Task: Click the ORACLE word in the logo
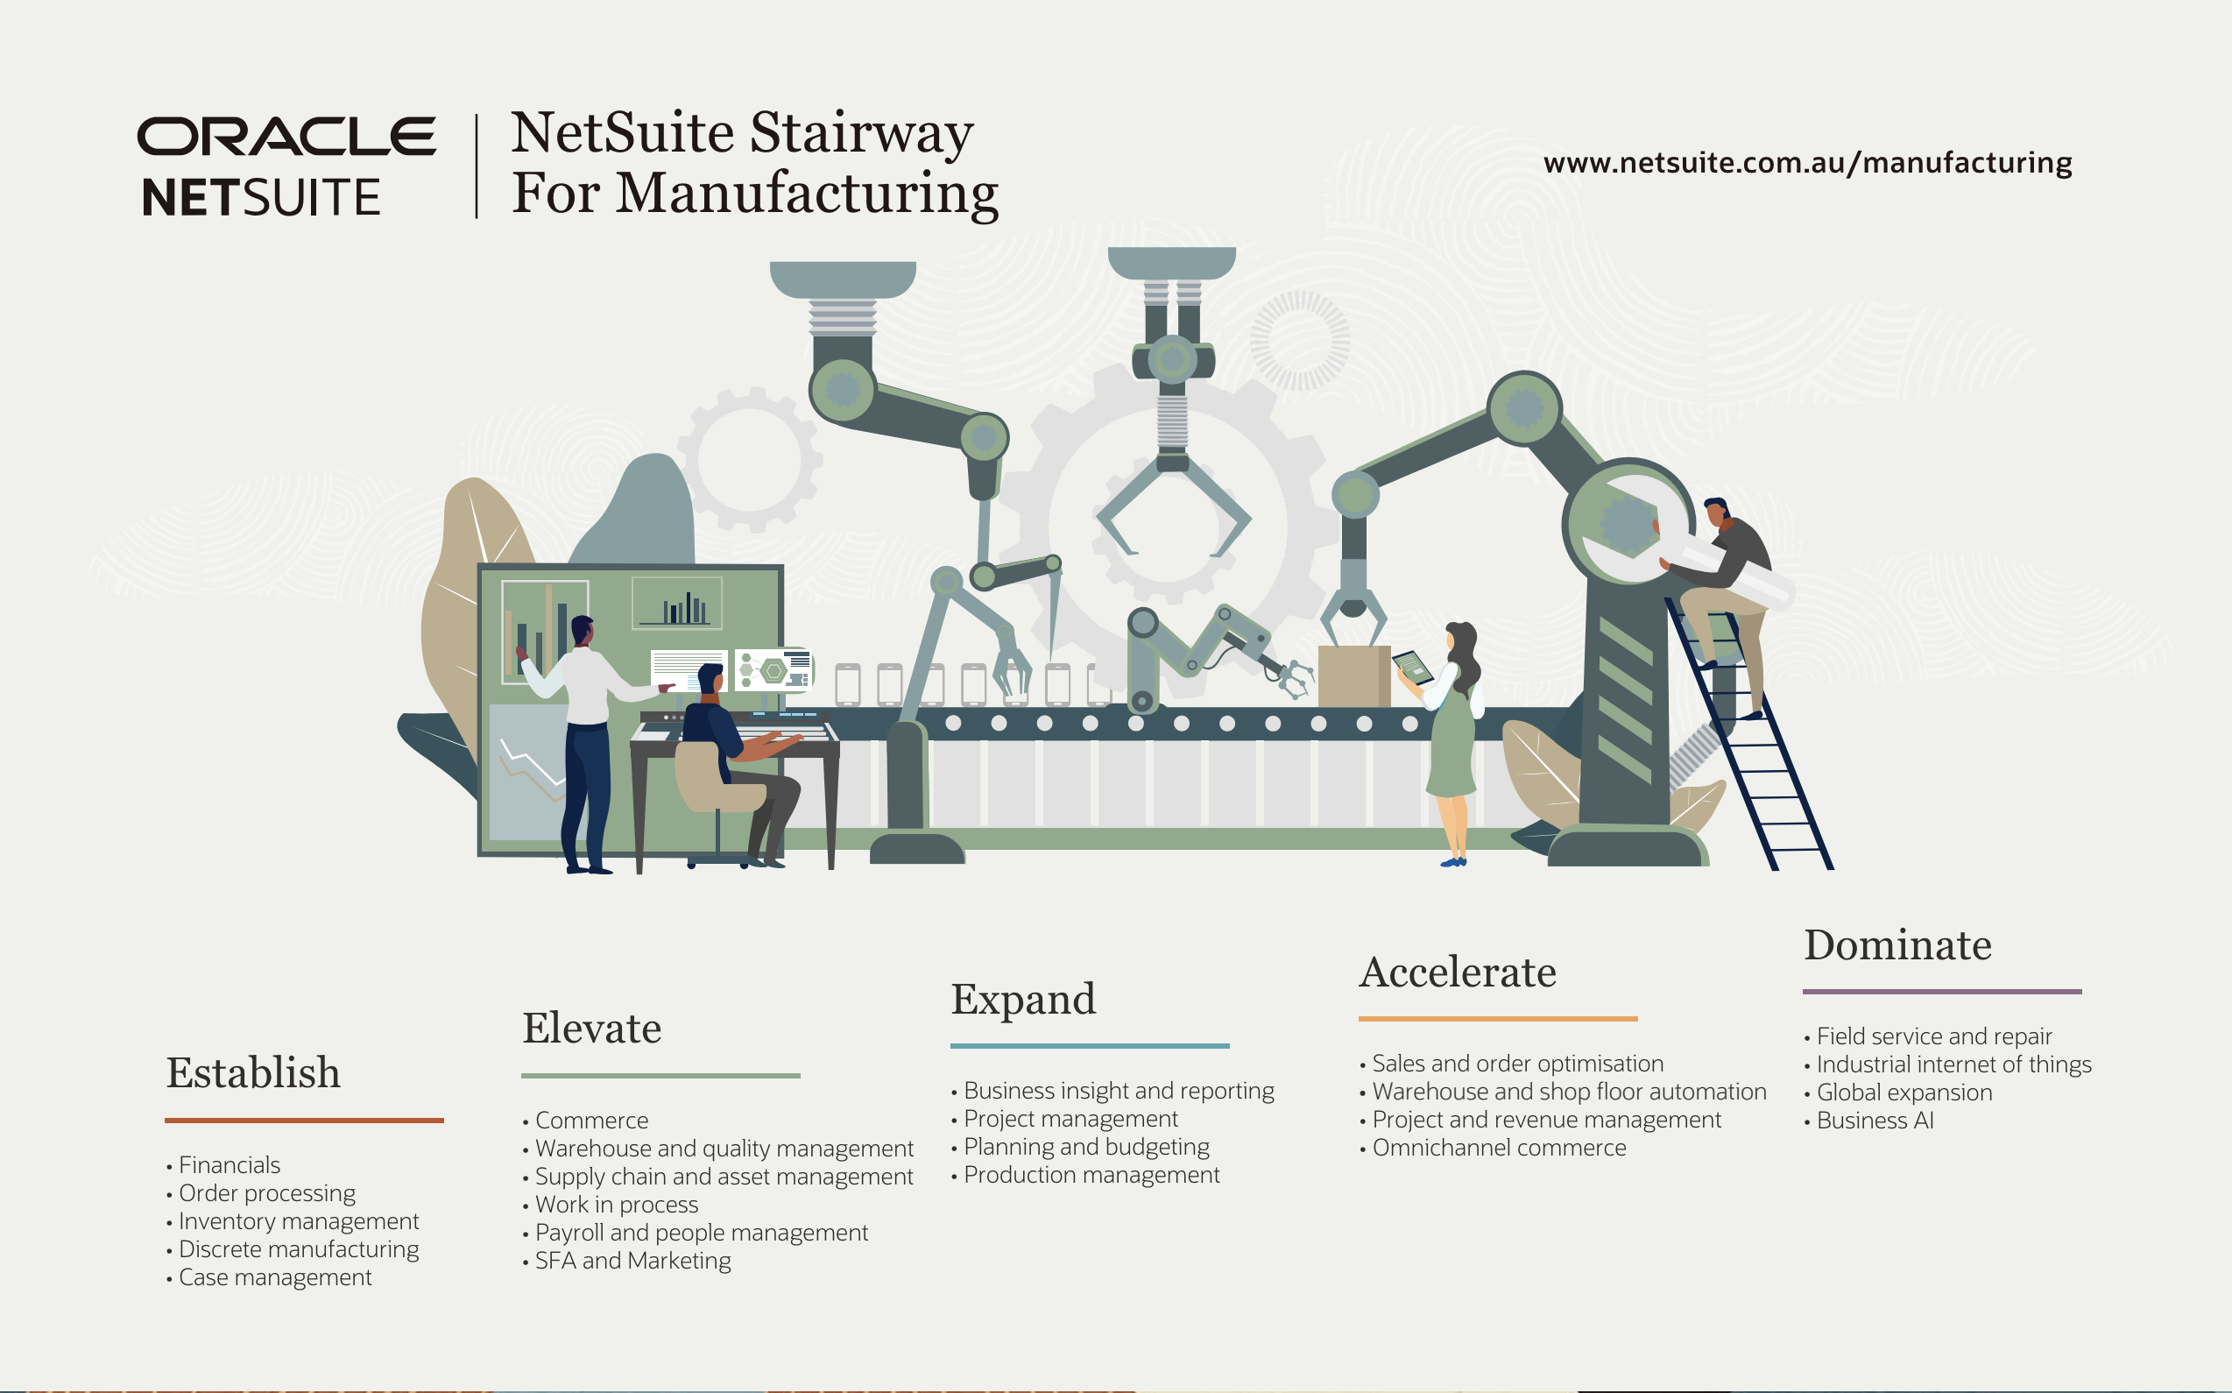tap(286, 137)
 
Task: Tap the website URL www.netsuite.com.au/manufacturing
tap(1807, 162)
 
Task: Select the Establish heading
tap(253, 1072)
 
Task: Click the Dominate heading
tap(1896, 945)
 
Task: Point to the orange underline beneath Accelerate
tap(1497, 1018)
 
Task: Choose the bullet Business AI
tap(1874, 1121)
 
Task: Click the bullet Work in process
tap(617, 1204)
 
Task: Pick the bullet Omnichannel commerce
tap(1498, 1148)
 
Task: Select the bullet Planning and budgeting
tap(1085, 1147)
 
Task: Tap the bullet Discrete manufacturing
tap(298, 1249)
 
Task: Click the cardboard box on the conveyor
tap(1353, 676)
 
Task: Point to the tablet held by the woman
tap(1412, 666)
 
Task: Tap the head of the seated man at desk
tap(710, 680)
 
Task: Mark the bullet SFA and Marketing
tap(632, 1261)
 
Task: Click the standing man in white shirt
tap(585, 728)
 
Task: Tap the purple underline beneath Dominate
tap(1941, 992)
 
